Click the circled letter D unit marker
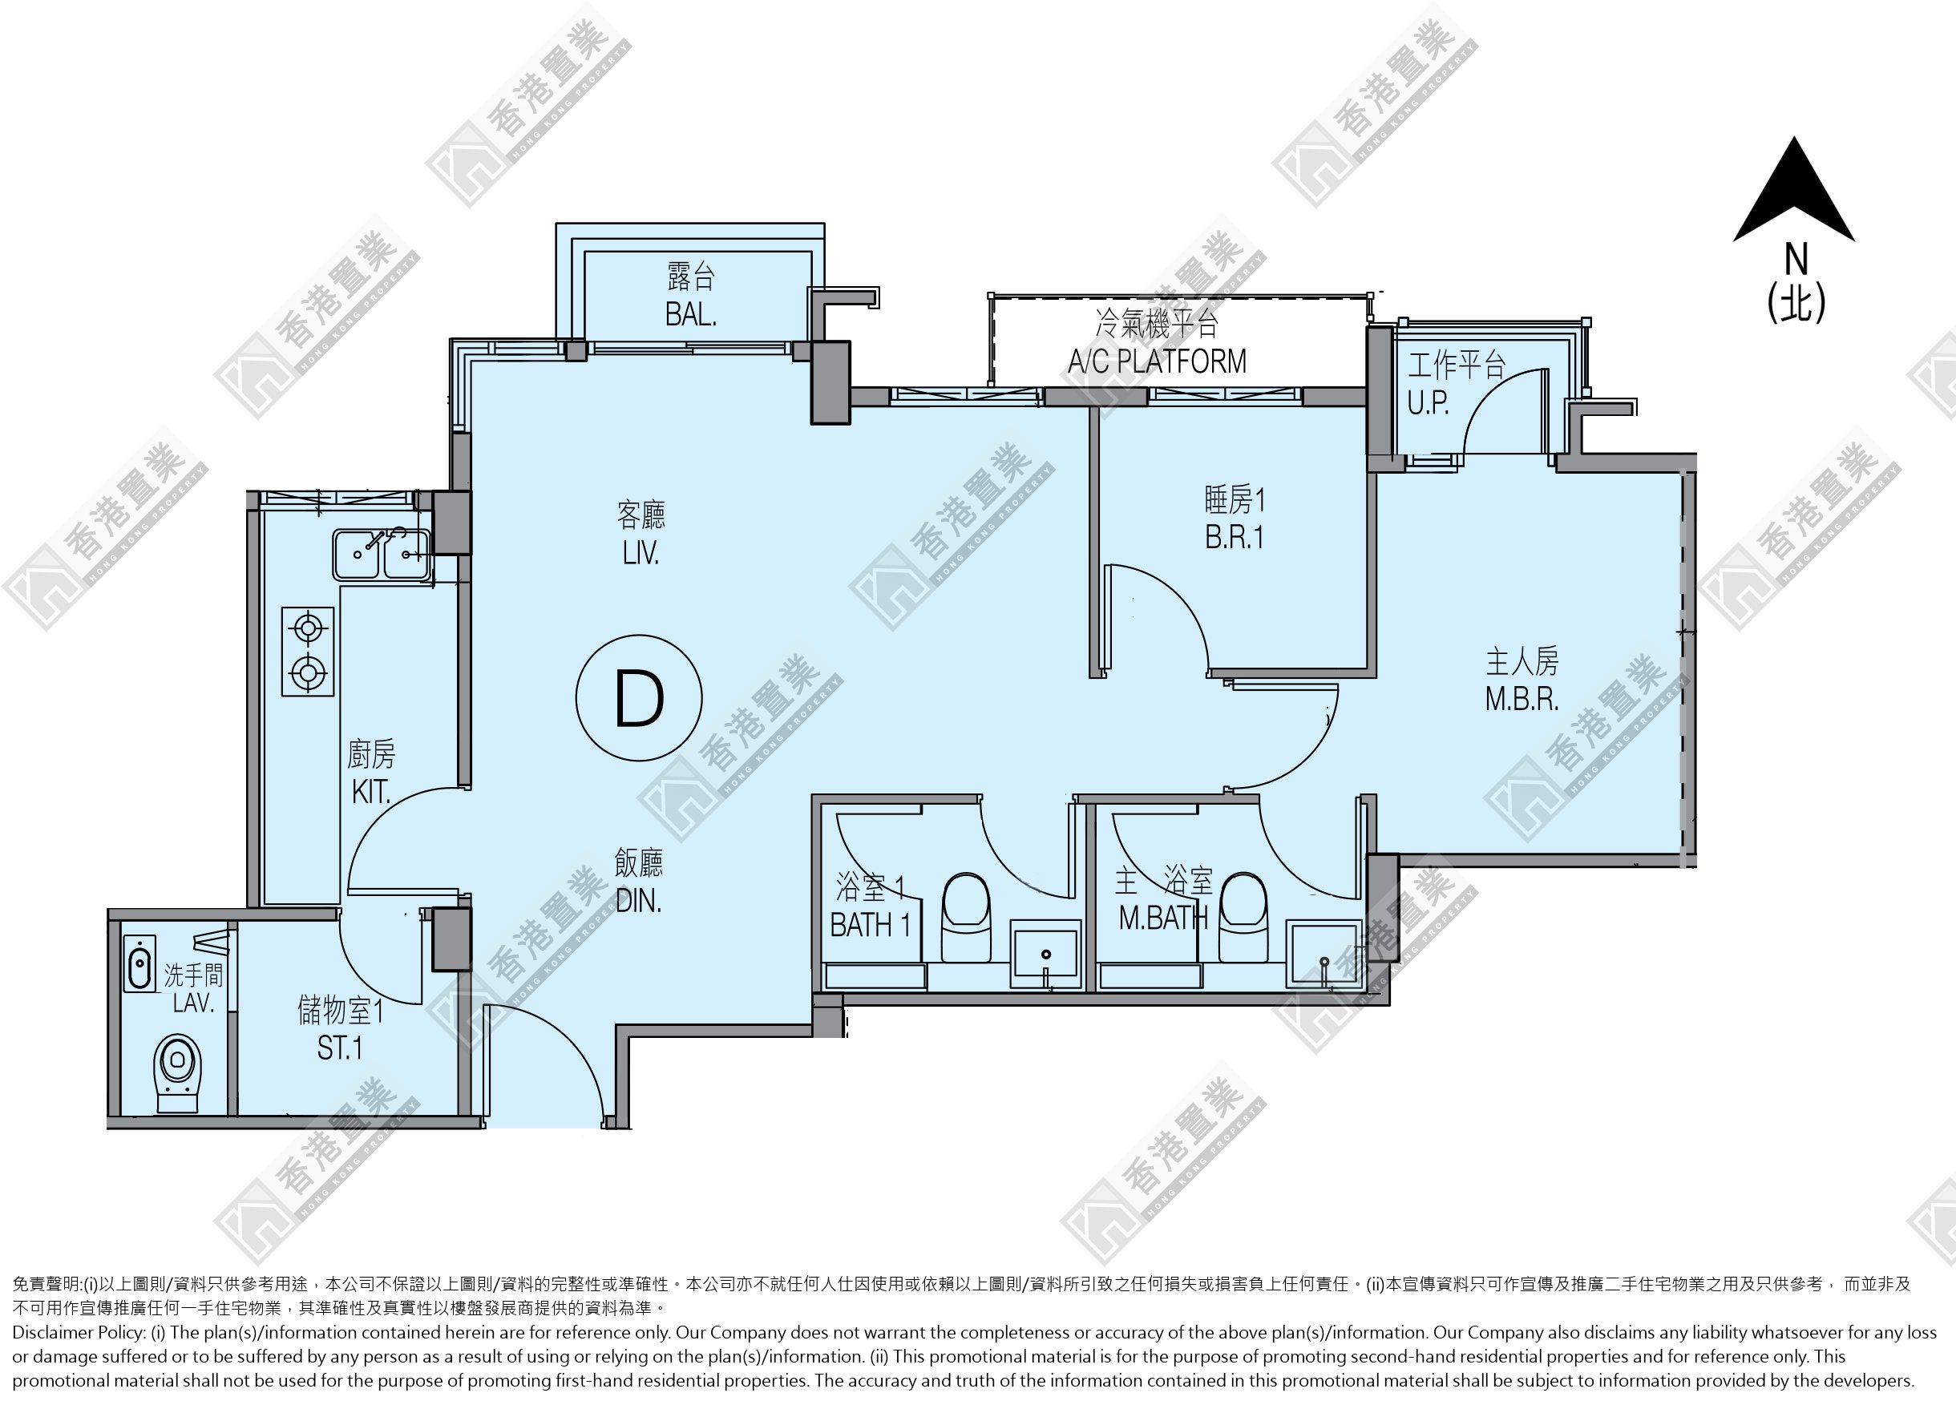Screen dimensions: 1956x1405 point(639,698)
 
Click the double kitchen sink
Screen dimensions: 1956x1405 point(380,555)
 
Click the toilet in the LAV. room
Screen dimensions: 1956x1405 point(177,1073)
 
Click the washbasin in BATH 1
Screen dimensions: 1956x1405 point(1045,953)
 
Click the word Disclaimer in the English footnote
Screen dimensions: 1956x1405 point(54,1332)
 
